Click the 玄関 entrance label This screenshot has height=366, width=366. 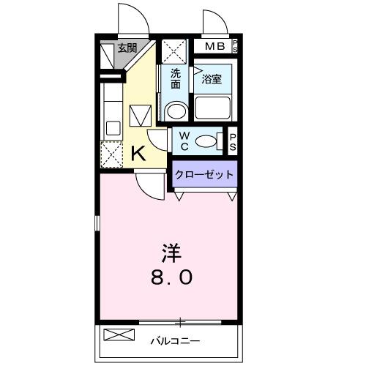point(127,48)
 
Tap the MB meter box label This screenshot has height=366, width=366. point(215,47)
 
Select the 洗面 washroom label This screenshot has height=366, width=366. point(176,78)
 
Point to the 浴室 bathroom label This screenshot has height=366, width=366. point(212,78)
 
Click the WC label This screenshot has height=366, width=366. point(184,141)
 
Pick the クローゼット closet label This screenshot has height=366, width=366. point(205,175)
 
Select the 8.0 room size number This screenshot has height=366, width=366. point(173,277)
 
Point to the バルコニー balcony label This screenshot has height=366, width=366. point(175,340)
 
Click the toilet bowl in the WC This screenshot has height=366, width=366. point(209,141)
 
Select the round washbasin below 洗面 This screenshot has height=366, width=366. point(176,112)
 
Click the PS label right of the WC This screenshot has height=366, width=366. point(233,141)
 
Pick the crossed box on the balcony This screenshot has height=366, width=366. point(119,336)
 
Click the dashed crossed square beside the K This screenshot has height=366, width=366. point(112,154)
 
